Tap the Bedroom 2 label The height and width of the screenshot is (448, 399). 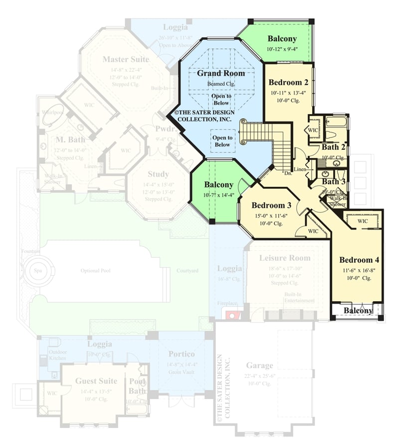pyautogui.click(x=288, y=82)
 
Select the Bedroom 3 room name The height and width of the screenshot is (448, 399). pyautogui.click(x=271, y=205)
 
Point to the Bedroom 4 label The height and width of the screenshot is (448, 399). pyautogui.click(x=359, y=259)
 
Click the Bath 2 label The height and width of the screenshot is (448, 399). pyautogui.click(x=333, y=147)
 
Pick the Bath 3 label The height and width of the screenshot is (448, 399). pyautogui.click(x=333, y=182)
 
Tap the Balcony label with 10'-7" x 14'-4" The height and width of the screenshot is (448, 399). pyautogui.click(x=218, y=185)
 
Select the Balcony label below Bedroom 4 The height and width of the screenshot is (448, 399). pyautogui.click(x=358, y=311)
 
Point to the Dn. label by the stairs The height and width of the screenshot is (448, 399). pyautogui.click(x=288, y=174)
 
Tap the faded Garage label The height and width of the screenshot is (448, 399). pyautogui.click(x=259, y=365)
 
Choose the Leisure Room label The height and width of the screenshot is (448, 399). pyautogui.click(x=284, y=258)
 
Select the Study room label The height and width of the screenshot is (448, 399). pyautogui.click(x=158, y=174)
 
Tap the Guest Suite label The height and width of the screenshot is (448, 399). pyautogui.click(x=96, y=381)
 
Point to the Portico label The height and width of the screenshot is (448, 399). pyautogui.click(x=181, y=354)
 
